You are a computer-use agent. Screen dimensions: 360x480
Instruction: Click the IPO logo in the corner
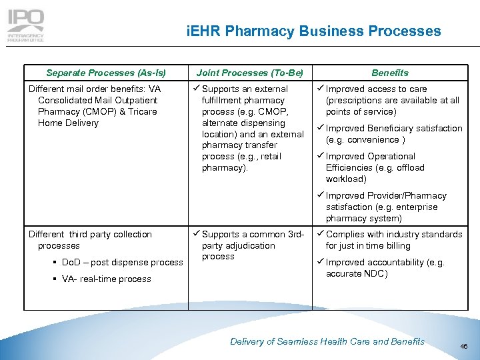point(25,25)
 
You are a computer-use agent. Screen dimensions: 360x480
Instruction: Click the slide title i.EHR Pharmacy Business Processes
point(313,31)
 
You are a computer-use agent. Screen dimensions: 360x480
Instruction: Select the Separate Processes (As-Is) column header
point(106,73)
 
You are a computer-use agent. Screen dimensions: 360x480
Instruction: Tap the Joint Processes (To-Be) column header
point(250,73)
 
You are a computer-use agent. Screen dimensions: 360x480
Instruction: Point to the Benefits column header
point(390,73)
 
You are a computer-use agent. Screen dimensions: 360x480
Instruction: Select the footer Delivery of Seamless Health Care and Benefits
point(327,341)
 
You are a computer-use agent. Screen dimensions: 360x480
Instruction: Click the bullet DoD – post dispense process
point(122,263)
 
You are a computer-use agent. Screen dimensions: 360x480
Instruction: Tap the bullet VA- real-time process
point(107,279)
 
